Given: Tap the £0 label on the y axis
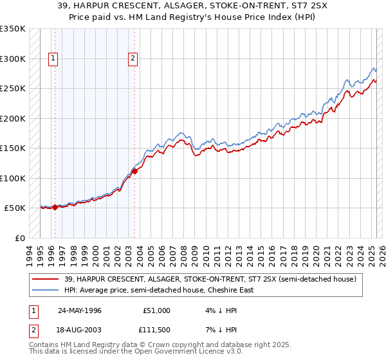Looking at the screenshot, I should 19,238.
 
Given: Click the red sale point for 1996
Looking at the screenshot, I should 55,207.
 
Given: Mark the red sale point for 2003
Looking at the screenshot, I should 134,171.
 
